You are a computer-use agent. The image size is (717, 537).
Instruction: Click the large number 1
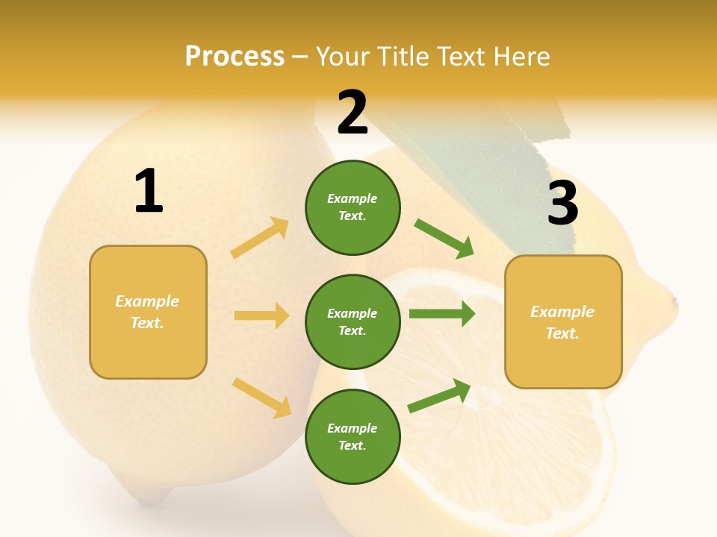tap(149, 192)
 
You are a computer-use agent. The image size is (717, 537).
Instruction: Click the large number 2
tap(353, 113)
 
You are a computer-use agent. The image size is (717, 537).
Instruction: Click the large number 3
tap(562, 203)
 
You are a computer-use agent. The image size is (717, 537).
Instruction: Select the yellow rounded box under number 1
tap(148, 312)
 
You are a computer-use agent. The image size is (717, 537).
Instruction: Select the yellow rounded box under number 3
tap(563, 321)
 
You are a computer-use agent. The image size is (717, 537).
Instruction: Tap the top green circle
tap(353, 207)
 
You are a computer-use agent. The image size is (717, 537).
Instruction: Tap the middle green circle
tap(353, 321)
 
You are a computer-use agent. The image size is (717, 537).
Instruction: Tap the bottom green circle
tap(353, 436)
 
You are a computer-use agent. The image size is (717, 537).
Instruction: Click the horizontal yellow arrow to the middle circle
tap(261, 315)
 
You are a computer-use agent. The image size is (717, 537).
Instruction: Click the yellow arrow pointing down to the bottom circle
tap(262, 398)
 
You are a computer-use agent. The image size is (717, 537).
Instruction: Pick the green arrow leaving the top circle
tap(444, 239)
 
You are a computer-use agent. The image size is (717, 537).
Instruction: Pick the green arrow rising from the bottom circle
tap(440, 395)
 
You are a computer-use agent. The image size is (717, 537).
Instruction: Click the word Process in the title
tap(235, 56)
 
